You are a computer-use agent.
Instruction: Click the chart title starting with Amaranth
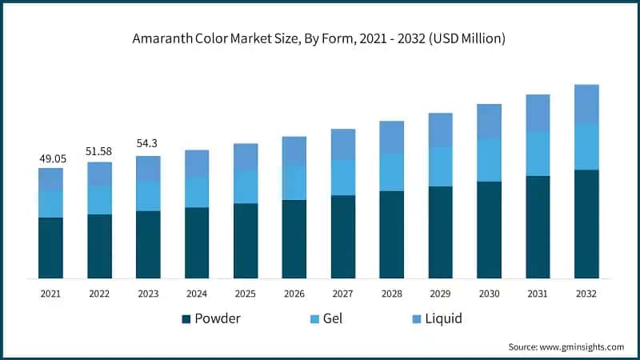(319, 38)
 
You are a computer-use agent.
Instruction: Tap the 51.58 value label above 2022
(99, 151)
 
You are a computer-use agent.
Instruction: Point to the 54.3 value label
(148, 143)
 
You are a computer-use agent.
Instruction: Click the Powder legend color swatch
(186, 319)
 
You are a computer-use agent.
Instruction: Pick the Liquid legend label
(443, 319)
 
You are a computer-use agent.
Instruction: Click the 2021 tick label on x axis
(50, 294)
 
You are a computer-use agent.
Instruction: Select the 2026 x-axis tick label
(294, 294)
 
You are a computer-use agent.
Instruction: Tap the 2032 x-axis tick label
(586, 294)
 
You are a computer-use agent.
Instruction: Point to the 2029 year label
(440, 294)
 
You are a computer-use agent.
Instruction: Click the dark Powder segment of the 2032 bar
(586, 224)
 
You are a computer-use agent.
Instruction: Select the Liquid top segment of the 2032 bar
(586, 104)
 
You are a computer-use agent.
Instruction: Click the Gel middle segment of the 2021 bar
(50, 204)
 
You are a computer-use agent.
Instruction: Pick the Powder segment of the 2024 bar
(197, 242)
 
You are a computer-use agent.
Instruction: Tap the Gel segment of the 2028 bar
(391, 172)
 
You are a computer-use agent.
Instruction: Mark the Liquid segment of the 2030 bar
(489, 121)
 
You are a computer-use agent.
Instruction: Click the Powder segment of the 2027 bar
(342, 237)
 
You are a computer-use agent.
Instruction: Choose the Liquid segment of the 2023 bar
(148, 169)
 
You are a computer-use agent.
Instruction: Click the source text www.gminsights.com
(566, 346)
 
